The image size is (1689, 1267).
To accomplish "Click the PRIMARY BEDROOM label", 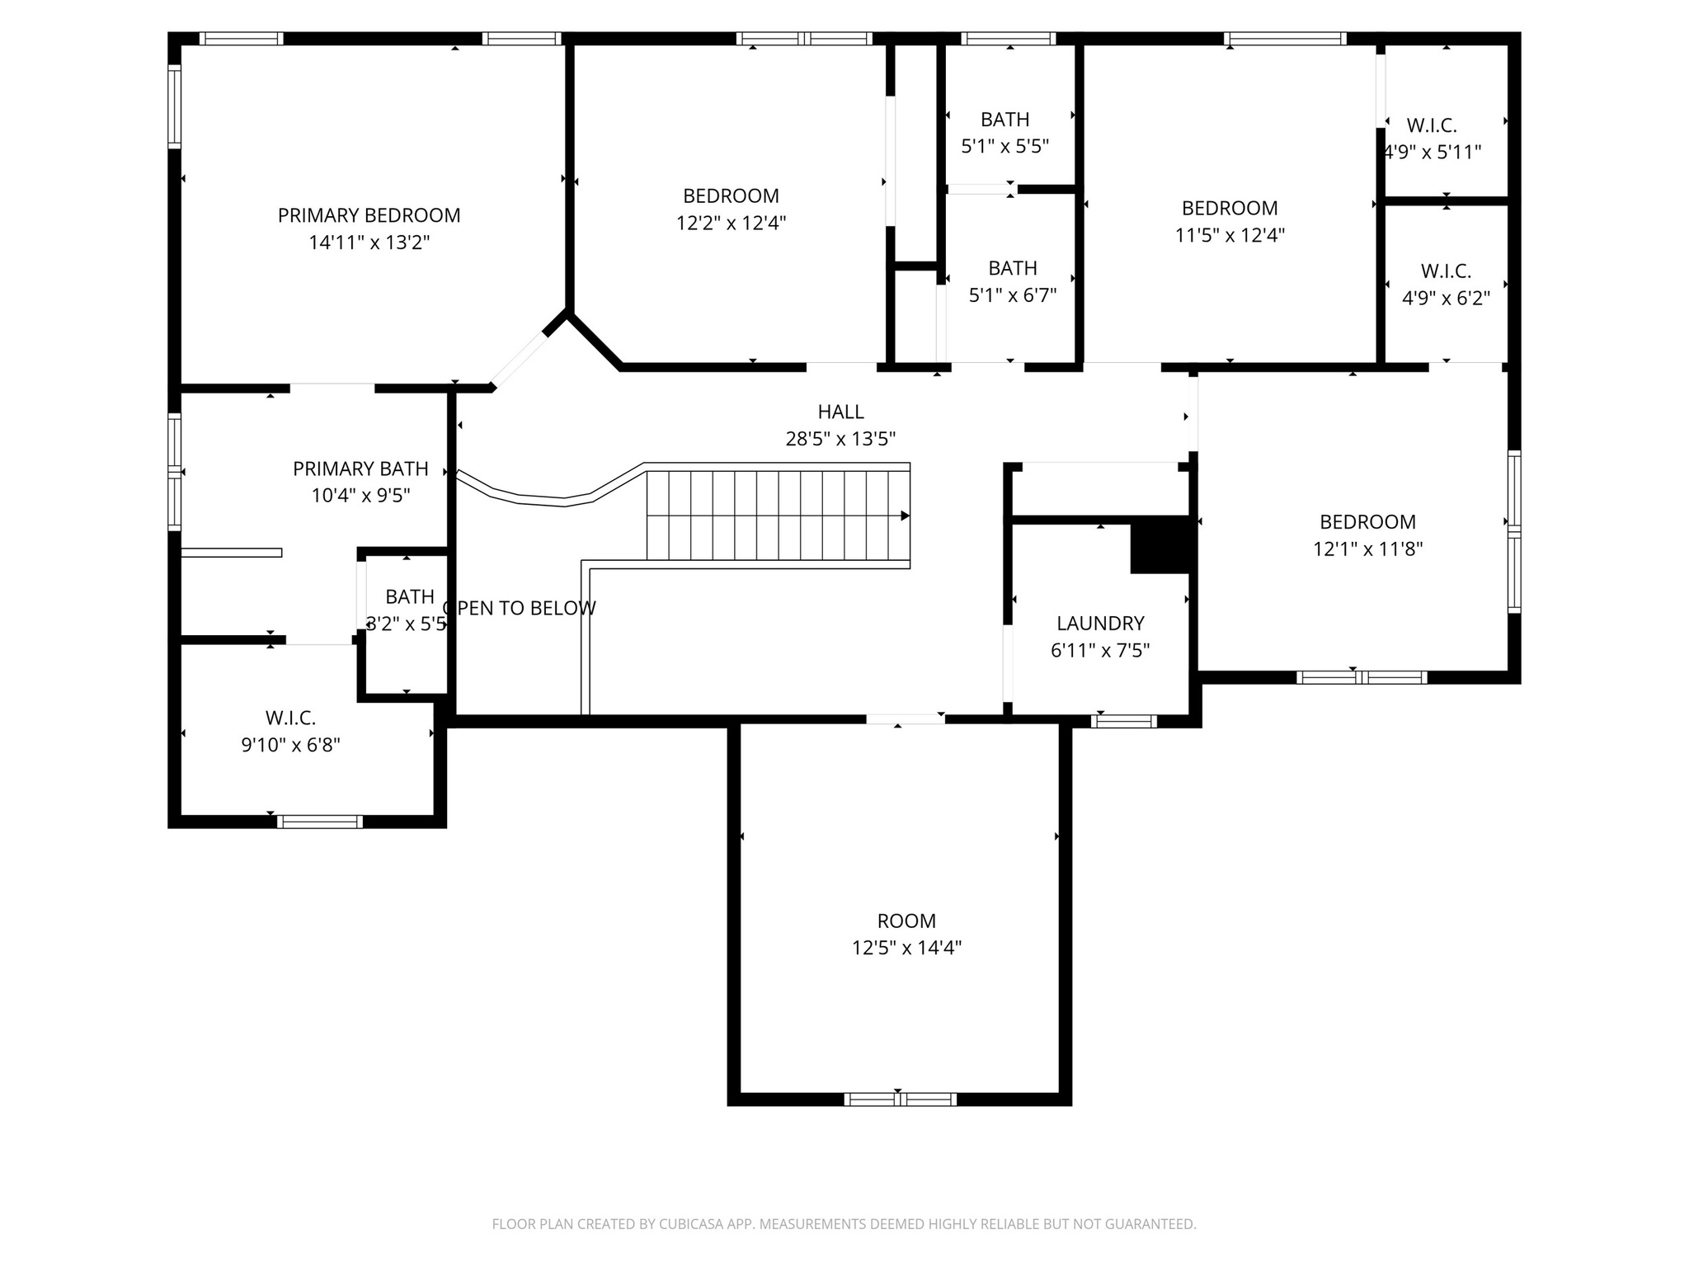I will (x=369, y=215).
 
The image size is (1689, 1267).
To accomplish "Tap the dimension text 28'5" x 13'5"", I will (x=840, y=439).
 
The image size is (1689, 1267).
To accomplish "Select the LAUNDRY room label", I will (x=1100, y=624).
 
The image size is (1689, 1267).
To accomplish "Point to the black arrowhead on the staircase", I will (x=905, y=516).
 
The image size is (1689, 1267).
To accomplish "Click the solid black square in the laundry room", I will (x=1160, y=544).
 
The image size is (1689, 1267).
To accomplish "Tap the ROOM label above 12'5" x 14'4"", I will (x=906, y=921).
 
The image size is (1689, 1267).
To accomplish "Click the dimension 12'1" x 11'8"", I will (x=1367, y=549).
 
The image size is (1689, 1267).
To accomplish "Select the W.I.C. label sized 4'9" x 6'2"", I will (x=1446, y=271).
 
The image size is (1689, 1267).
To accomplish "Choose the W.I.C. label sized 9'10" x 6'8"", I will (x=290, y=718).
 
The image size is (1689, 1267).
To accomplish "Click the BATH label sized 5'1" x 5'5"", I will (x=1004, y=120).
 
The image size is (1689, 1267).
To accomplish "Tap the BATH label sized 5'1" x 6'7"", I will (x=1012, y=268).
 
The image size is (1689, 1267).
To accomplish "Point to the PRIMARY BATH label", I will (x=360, y=469).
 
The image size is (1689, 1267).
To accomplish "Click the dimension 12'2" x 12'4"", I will (x=731, y=223).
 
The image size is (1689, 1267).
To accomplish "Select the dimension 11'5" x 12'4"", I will (x=1229, y=235).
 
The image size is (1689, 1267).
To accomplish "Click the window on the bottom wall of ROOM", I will (x=900, y=1099).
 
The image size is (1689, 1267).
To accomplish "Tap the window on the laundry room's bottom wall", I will (x=1123, y=721).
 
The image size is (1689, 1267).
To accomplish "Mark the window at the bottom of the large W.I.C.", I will (x=319, y=821).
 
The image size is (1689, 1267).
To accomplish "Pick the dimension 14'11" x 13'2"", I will (x=369, y=243).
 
